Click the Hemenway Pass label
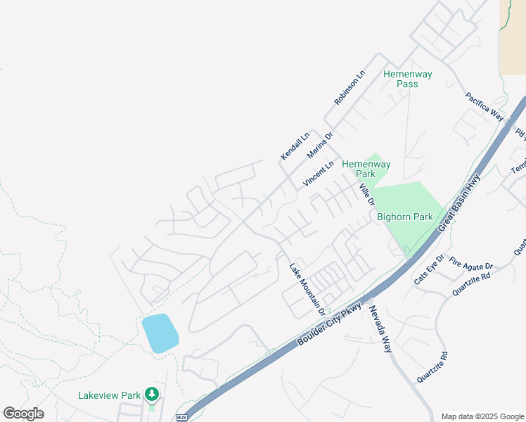(407, 79)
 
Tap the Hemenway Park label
(366, 169)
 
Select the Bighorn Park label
(405, 217)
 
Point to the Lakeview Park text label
(110, 395)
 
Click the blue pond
(160, 333)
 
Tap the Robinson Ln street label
(350, 88)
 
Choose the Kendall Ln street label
(295, 146)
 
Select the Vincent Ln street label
(318, 174)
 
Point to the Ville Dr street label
(366, 193)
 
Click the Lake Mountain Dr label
(309, 288)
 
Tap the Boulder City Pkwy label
(330, 324)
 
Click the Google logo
(23, 414)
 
